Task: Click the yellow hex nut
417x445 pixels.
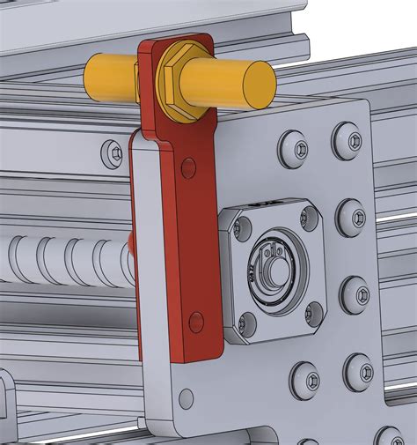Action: pyautogui.click(x=179, y=81)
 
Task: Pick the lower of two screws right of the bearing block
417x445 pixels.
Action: pyautogui.click(x=355, y=293)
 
